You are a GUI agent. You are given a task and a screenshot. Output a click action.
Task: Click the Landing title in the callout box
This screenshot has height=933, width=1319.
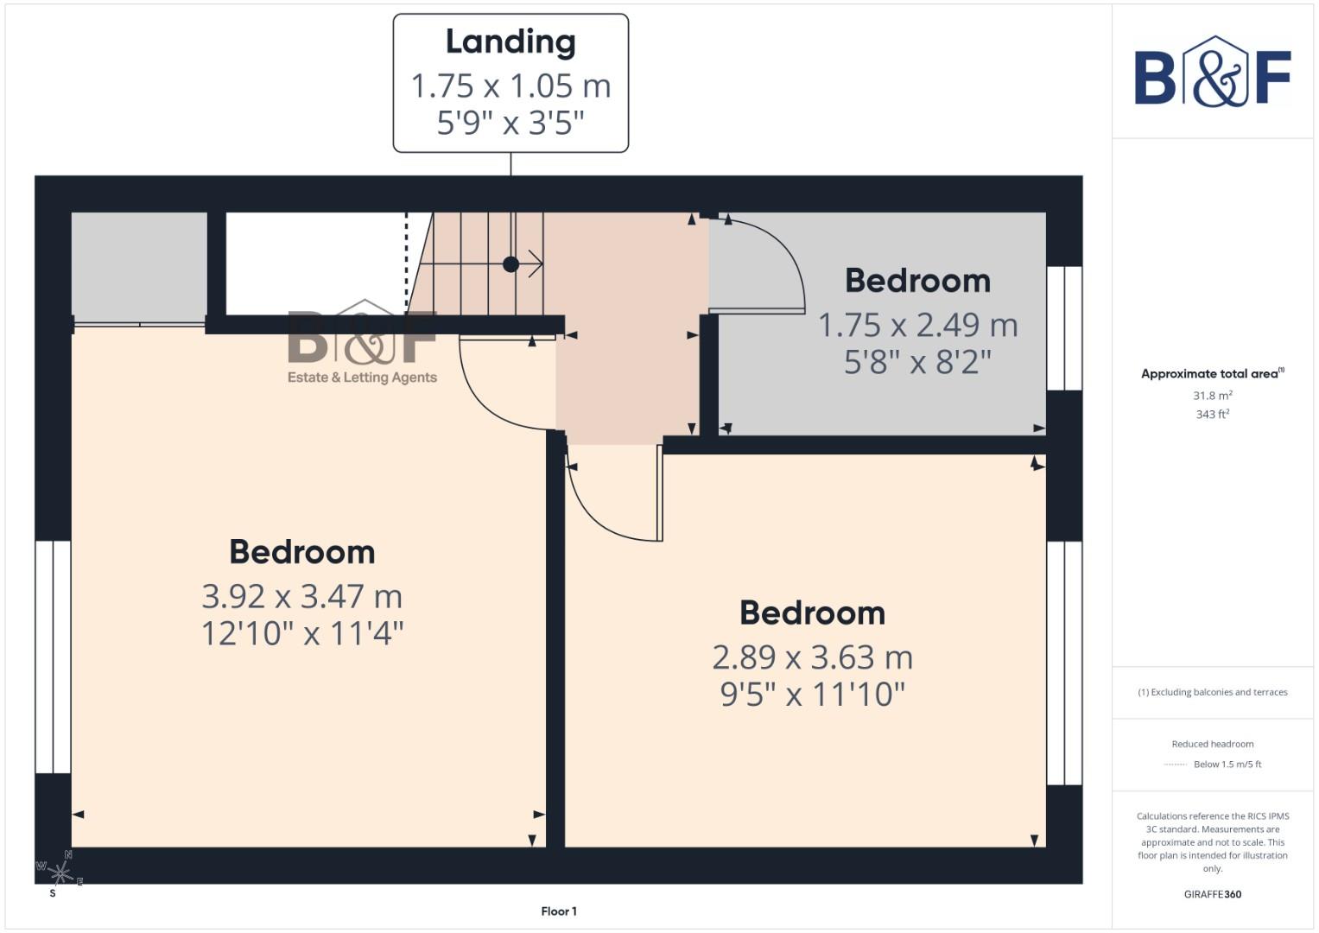point(510,42)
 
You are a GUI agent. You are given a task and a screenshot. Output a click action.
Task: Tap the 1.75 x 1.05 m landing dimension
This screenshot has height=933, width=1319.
point(510,86)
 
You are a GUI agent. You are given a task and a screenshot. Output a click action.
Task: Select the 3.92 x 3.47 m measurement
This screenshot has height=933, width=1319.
point(301,596)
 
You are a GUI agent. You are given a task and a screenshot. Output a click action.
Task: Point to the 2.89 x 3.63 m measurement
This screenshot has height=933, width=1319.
point(812,657)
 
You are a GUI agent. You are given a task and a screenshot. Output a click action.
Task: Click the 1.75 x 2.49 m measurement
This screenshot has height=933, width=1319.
point(917,325)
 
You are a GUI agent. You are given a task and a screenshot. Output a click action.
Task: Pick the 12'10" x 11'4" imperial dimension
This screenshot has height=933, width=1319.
point(301,633)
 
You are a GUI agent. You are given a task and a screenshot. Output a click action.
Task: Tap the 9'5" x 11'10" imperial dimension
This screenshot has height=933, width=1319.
point(812,694)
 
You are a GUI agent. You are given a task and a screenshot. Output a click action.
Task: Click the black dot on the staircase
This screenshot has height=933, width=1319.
point(510,264)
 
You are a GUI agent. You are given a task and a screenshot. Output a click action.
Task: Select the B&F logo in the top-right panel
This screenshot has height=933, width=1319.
point(1212,73)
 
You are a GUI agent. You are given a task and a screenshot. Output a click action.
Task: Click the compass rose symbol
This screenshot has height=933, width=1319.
point(59,872)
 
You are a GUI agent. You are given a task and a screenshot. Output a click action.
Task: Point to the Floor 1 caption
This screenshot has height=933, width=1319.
point(559,911)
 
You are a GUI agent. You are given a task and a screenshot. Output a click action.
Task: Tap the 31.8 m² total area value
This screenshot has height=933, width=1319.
point(1212,396)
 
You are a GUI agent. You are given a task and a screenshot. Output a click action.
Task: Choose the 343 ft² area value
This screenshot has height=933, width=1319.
point(1212,415)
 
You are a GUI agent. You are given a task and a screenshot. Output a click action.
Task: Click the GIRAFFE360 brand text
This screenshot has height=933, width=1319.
point(1212,894)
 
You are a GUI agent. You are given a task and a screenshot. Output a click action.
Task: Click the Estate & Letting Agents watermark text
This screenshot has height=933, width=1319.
point(362,378)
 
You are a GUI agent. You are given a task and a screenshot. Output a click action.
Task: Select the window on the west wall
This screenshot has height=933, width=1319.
point(53,657)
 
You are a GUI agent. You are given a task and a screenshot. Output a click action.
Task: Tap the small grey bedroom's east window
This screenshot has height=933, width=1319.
point(1064,328)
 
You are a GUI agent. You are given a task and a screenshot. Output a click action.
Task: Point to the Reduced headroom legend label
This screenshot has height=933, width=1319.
point(1212,744)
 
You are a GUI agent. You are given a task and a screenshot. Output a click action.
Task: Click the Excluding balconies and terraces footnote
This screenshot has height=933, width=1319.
point(1212,692)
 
